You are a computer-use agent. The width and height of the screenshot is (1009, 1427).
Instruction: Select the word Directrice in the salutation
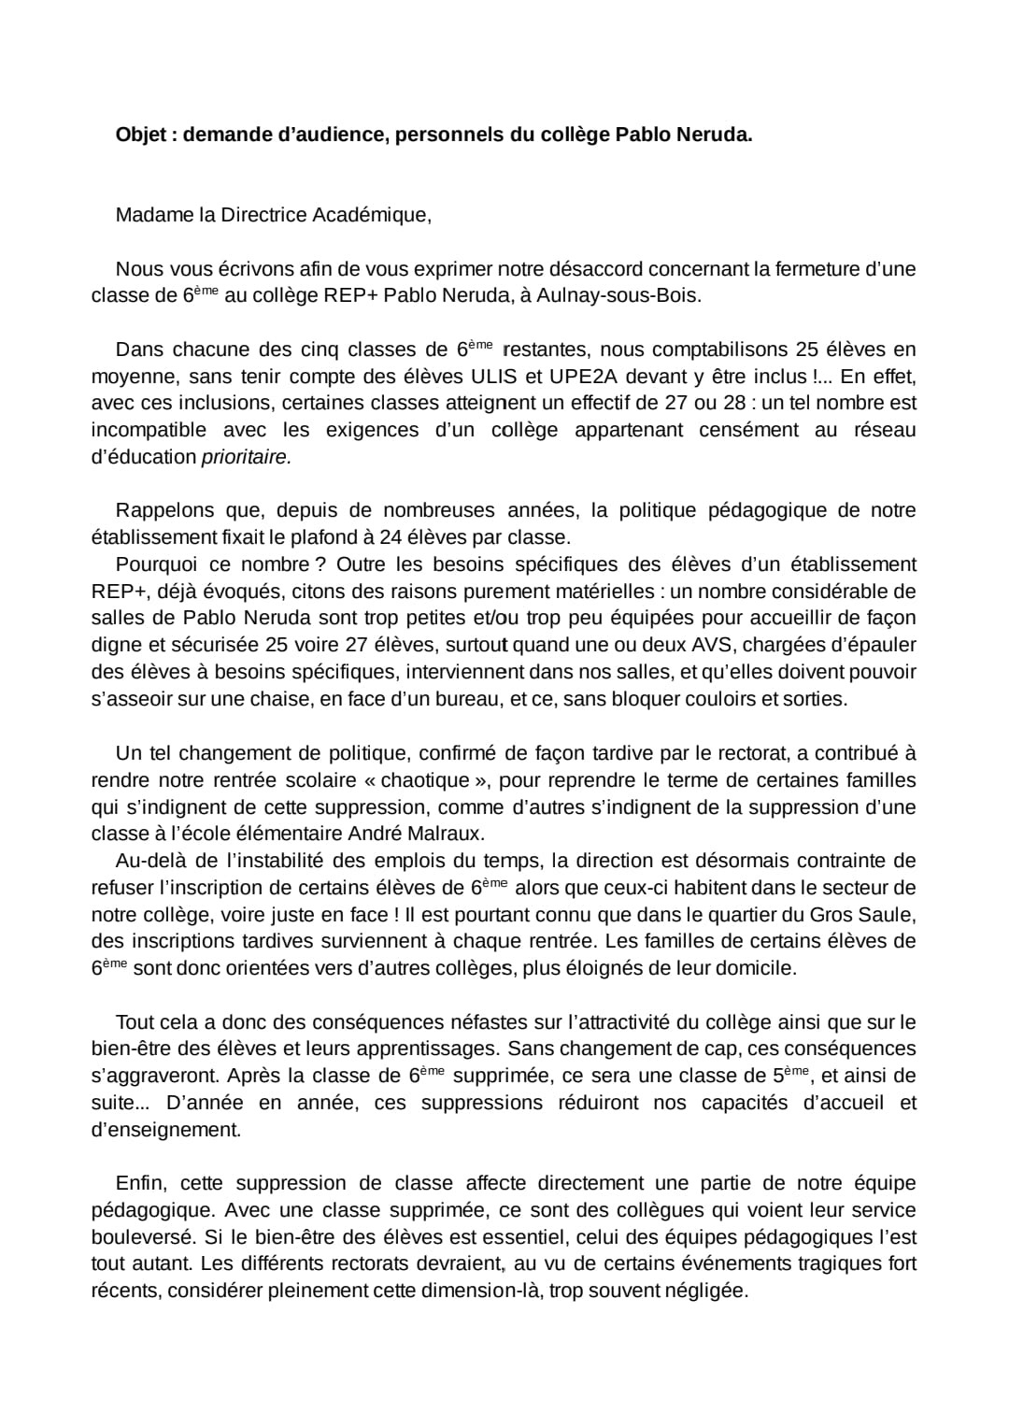[x=263, y=215]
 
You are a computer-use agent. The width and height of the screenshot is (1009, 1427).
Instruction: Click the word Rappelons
[x=163, y=510]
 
